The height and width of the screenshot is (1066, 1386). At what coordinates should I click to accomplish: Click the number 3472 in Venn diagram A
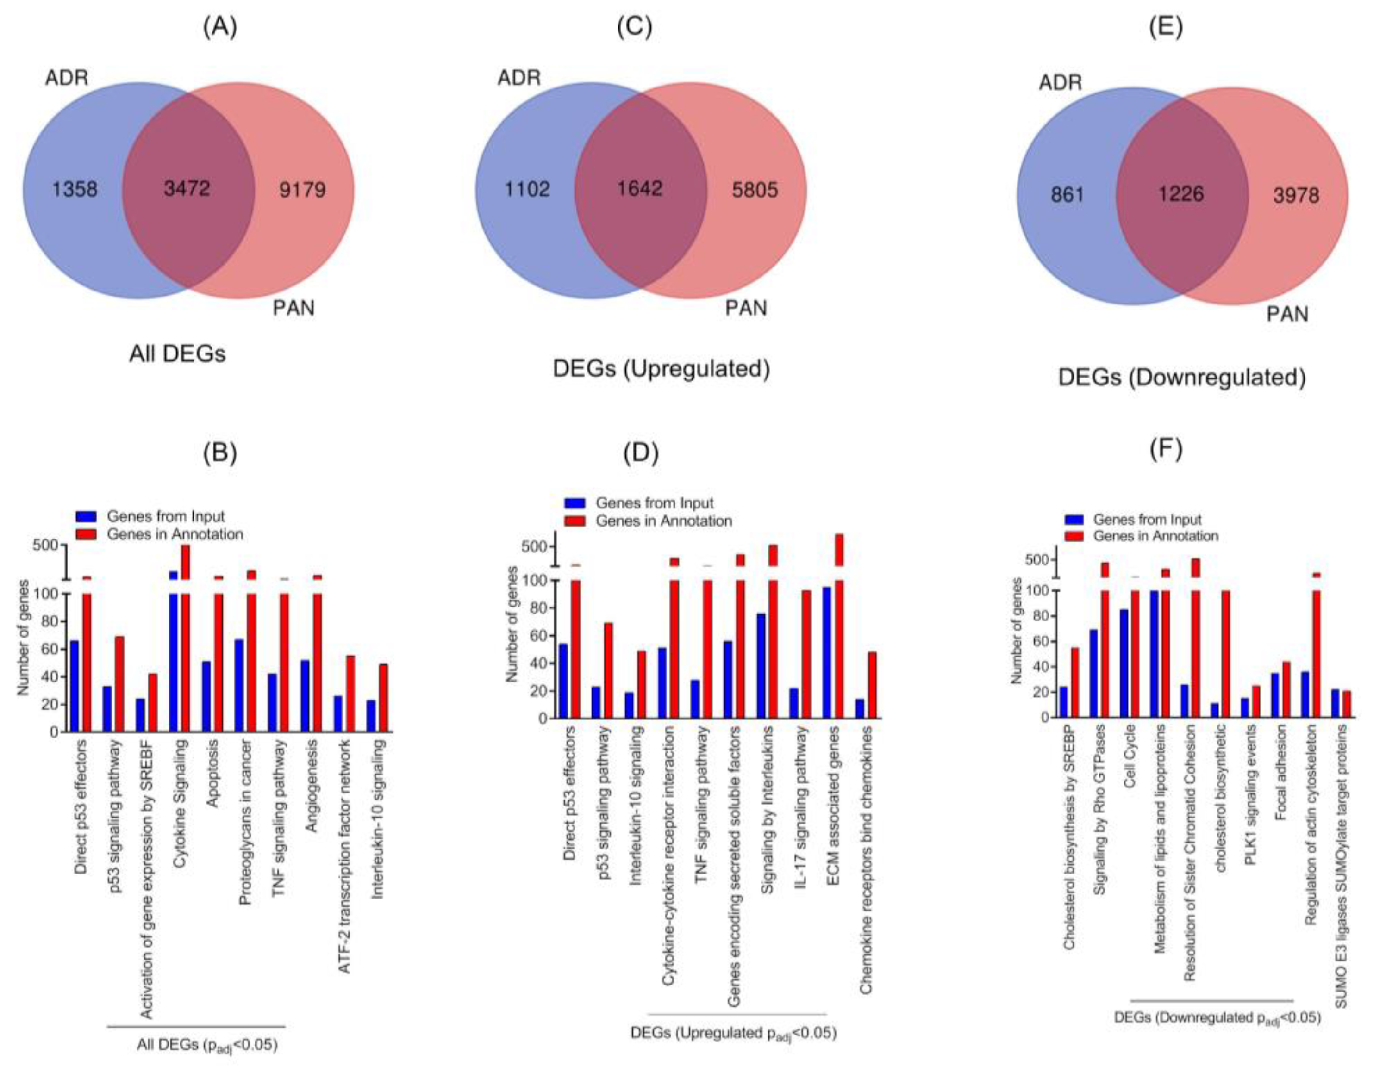[187, 188]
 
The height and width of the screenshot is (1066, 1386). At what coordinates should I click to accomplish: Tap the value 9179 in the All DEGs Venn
[302, 190]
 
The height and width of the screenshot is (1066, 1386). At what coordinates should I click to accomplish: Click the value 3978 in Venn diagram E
[1296, 195]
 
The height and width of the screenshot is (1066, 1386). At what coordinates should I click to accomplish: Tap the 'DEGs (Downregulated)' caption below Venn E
[1182, 378]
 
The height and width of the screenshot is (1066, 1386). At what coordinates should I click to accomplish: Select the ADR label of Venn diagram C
[519, 78]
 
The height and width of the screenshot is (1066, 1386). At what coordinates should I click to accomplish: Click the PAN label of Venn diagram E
[1288, 314]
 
